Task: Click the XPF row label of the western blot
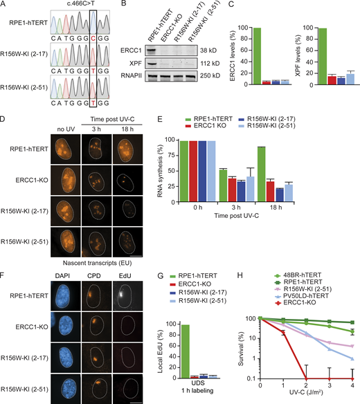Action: pyautogui.click(x=143, y=63)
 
